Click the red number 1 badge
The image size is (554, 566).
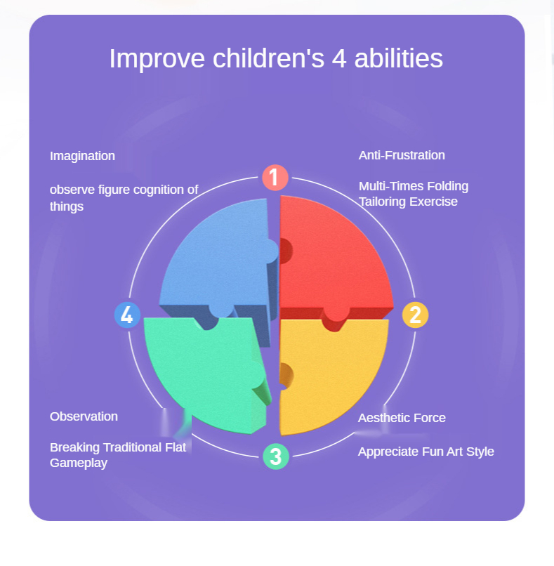(x=275, y=177)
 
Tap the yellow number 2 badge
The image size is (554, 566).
(x=415, y=315)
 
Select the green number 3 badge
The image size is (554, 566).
(x=276, y=456)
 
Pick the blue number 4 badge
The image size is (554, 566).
(x=127, y=315)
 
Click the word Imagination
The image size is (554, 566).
(x=82, y=156)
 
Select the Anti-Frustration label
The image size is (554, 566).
(x=402, y=155)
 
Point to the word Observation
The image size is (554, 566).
(x=84, y=416)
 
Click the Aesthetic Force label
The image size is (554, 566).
(x=402, y=418)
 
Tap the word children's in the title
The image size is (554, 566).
(x=268, y=58)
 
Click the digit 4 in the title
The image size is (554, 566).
(x=339, y=59)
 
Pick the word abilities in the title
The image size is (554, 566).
(x=398, y=58)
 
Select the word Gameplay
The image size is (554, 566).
(x=79, y=463)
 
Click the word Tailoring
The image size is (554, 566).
(x=382, y=202)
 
